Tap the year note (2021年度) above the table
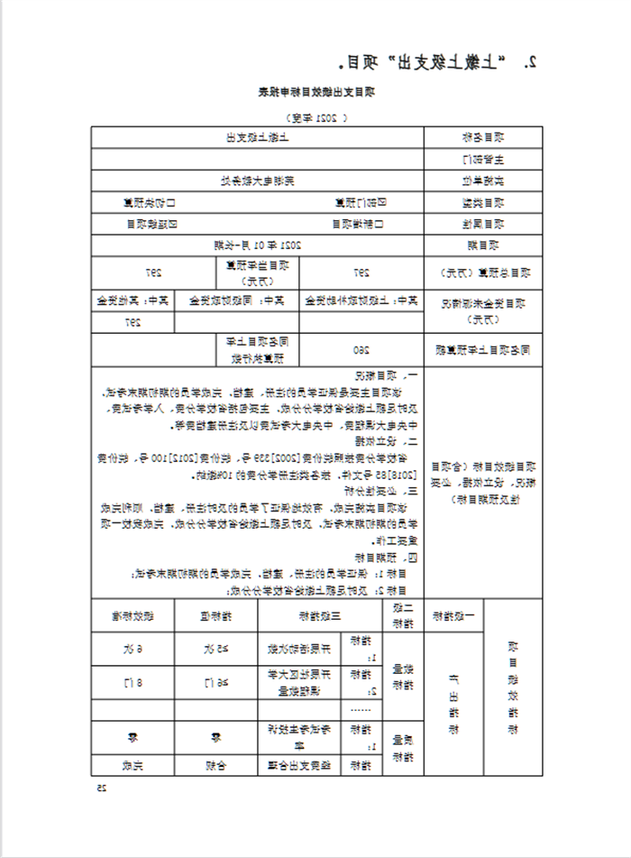315,117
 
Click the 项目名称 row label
482,137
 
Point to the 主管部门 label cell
482,159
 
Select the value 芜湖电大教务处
258,180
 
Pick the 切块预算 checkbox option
154,202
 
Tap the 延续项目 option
152,223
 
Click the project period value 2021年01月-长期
257,244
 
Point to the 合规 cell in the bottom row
214,766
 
